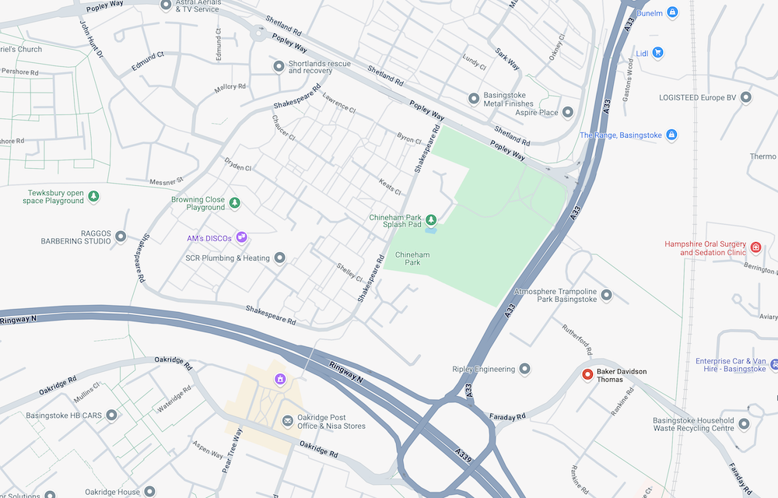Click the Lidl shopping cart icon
658,53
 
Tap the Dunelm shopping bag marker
672,12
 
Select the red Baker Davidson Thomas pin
588,375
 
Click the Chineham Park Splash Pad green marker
430,220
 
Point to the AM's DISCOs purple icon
242,237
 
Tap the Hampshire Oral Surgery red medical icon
755,247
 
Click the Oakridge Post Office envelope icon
288,421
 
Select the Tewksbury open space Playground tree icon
93,196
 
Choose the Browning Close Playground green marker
234,203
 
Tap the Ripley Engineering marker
525,369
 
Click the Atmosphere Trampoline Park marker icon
607,296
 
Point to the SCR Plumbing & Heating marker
280,258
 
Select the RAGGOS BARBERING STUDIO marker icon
121,237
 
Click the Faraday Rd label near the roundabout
509,417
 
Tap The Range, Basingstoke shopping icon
672,135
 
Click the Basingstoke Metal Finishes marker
473,99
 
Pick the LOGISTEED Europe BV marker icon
746,97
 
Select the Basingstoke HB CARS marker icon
111,416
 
